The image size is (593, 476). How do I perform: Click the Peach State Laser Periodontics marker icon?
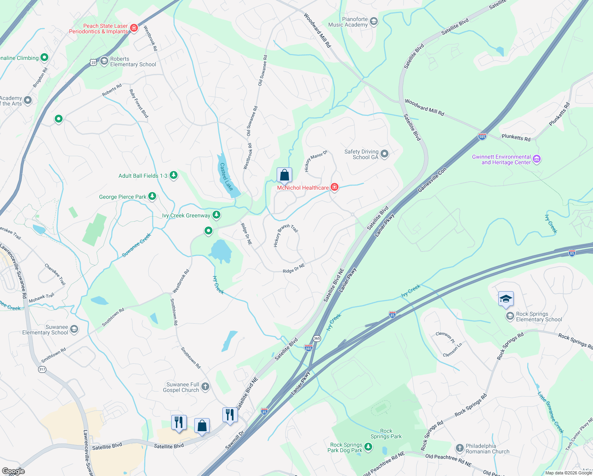tap(134, 28)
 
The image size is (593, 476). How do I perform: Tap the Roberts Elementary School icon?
tap(104, 61)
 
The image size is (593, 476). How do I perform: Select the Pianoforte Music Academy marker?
tap(373, 21)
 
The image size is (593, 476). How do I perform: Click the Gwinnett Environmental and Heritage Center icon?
tap(537, 159)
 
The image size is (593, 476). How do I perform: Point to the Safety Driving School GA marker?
tap(384, 154)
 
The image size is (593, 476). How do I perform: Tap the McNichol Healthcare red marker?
tap(334, 187)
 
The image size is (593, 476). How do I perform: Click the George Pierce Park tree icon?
tap(152, 196)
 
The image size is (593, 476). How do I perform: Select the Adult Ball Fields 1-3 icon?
tap(173, 175)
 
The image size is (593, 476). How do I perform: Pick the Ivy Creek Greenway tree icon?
tap(216, 215)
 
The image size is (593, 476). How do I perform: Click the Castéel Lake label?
tap(226, 177)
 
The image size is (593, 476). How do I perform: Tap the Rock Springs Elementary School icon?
tap(510, 316)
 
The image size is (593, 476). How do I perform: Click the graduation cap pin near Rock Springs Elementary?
tap(506, 299)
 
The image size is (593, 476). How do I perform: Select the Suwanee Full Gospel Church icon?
tap(205, 387)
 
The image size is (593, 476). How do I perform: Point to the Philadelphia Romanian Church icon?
tap(459, 448)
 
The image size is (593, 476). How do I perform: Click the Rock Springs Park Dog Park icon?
tap(368, 447)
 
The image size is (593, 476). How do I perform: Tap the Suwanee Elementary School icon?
tap(74, 329)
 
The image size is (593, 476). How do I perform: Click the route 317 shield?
tap(42, 369)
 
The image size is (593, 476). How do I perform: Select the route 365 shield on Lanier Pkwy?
tap(317, 338)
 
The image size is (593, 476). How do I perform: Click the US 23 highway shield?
tap(93, 62)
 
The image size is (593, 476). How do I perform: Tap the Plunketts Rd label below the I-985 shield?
tap(516, 137)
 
